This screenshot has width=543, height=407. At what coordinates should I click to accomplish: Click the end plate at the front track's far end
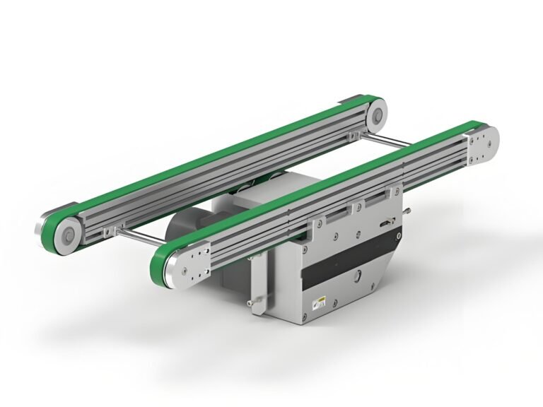(x=482, y=145)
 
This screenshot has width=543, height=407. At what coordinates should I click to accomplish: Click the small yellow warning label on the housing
(x=320, y=302)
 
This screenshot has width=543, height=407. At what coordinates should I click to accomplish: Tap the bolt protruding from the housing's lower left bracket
(x=255, y=303)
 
